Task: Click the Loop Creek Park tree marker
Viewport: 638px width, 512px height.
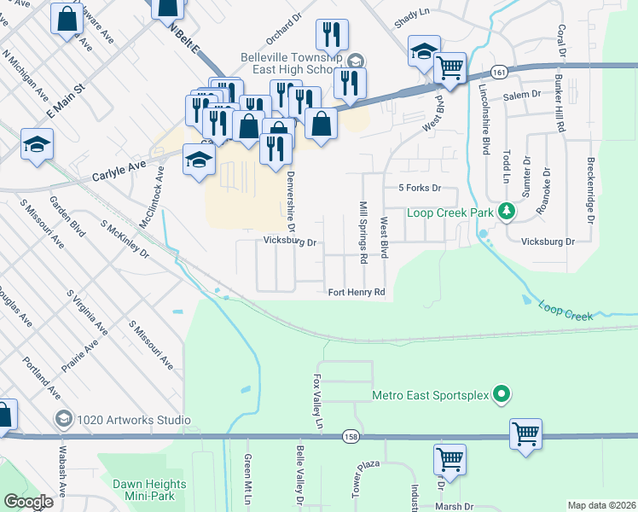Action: tap(506, 210)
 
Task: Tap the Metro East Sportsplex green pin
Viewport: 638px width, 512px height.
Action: tap(502, 394)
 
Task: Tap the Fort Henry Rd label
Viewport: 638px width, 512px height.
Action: tap(357, 293)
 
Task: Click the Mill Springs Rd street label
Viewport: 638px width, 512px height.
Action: tap(362, 232)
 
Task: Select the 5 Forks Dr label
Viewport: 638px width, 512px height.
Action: tap(419, 187)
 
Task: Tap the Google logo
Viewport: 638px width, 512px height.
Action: tap(28, 502)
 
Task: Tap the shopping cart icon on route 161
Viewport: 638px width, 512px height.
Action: tap(449, 67)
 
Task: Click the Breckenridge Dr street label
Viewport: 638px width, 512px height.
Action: tap(590, 190)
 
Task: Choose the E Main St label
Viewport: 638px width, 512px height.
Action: tap(67, 99)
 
